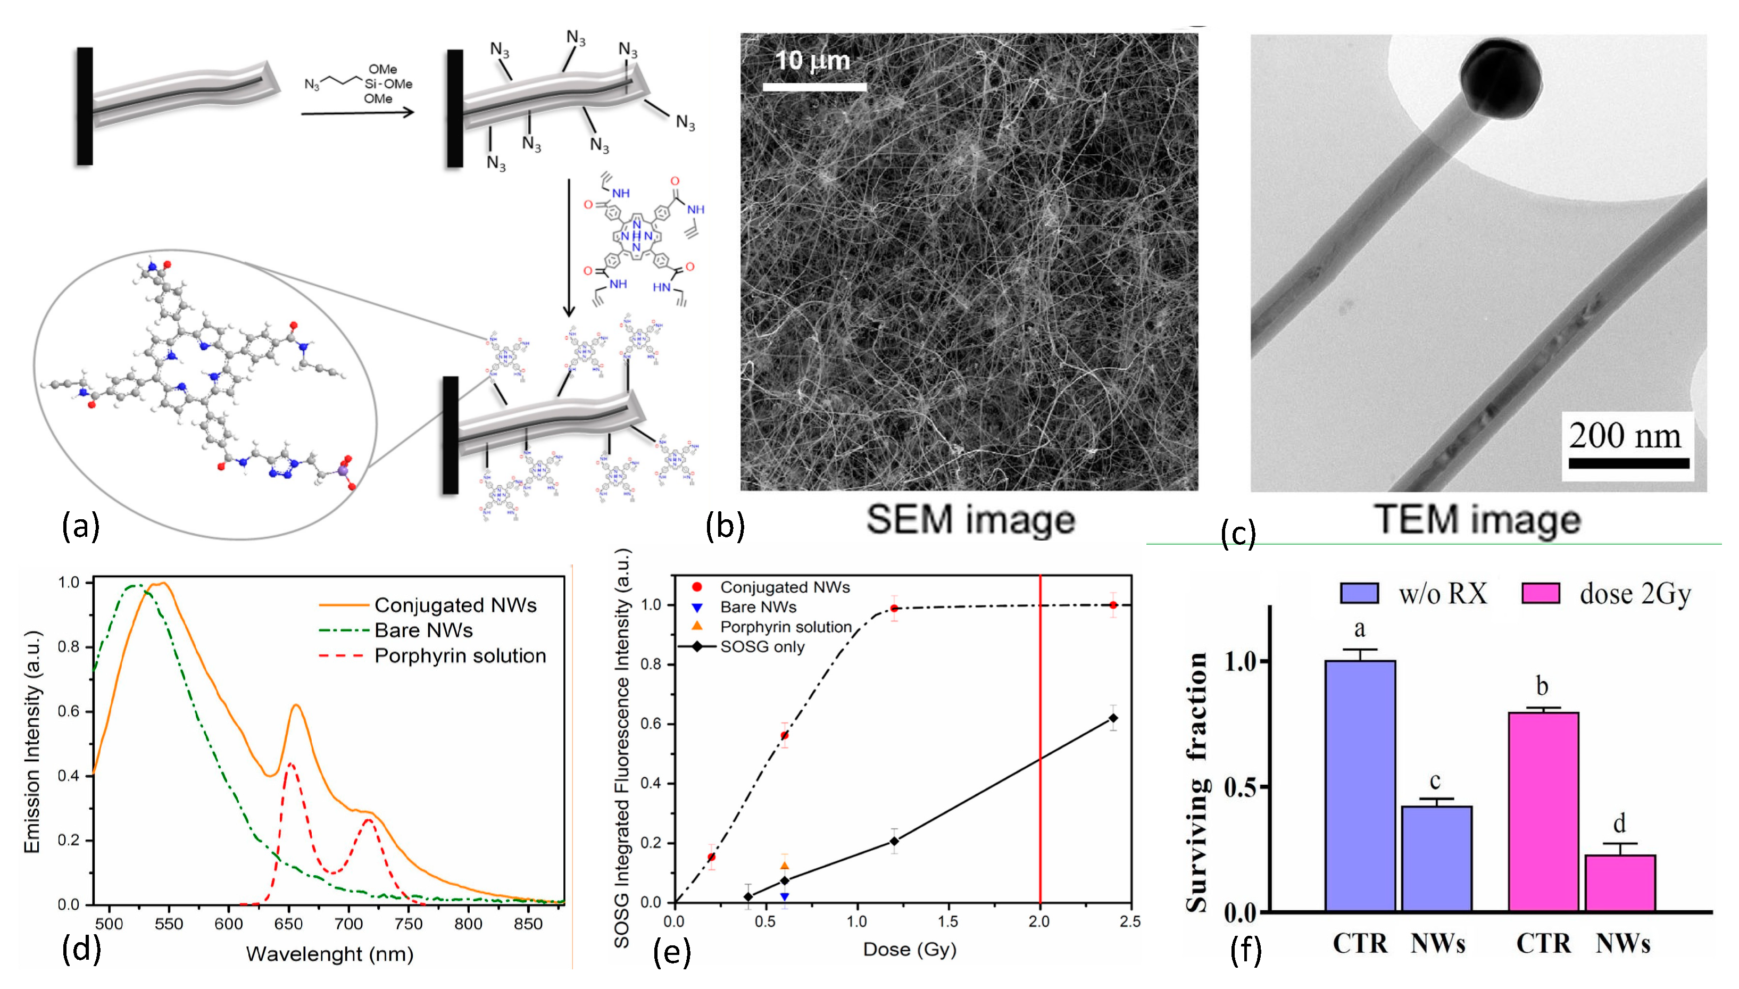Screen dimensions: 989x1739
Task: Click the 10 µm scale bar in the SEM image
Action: click(814, 87)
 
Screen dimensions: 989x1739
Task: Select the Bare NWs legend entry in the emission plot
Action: click(423, 630)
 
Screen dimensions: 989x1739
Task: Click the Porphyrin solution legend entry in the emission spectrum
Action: click(460, 656)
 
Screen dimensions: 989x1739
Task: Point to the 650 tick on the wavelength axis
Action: click(288, 924)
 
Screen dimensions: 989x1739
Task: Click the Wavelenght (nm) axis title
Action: click(329, 954)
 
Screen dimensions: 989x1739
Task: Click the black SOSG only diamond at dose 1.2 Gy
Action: click(894, 842)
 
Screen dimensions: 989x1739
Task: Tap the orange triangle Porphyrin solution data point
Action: click(784, 866)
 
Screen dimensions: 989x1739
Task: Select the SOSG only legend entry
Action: click(762, 647)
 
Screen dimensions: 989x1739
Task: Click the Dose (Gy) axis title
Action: click(909, 950)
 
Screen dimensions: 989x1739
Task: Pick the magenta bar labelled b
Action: click(1543, 812)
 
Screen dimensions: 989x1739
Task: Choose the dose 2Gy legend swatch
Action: click(1540, 593)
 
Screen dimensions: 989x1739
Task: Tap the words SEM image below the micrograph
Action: click(970, 520)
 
